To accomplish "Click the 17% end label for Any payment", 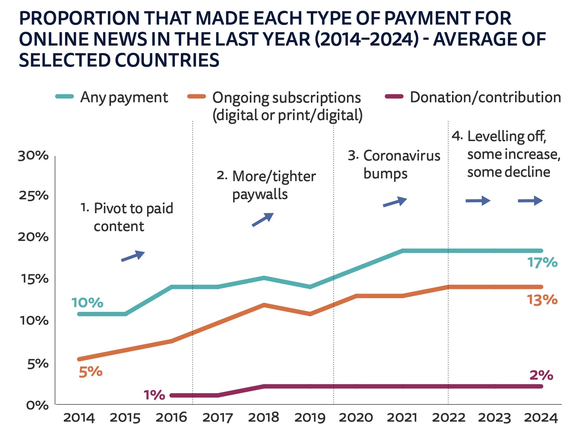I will pyautogui.click(x=542, y=263).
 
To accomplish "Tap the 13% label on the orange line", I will pyautogui.click(x=542, y=300).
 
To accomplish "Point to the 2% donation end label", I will pyautogui.click(x=541, y=375).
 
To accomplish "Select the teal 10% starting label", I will pyautogui.click(x=87, y=303).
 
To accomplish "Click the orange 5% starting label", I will pyautogui.click(x=90, y=372).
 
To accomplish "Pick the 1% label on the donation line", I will pyautogui.click(x=154, y=395).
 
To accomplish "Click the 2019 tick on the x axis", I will pyautogui.click(x=310, y=417).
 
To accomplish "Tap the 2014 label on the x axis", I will pyautogui.click(x=79, y=417).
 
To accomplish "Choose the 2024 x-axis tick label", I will pyautogui.click(x=541, y=417).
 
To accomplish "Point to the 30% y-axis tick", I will pyautogui.click(x=33, y=156).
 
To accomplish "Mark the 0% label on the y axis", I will pyautogui.click(x=37, y=405).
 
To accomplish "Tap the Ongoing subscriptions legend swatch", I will pyautogui.click(x=196, y=97).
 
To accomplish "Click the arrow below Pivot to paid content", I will pyautogui.click(x=133, y=256).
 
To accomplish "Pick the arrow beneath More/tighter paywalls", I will pyautogui.click(x=262, y=220).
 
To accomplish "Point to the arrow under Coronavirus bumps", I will pyautogui.click(x=394, y=202).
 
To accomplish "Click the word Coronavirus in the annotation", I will pyautogui.click(x=402, y=156).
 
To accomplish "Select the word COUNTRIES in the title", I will pyautogui.click(x=167, y=60).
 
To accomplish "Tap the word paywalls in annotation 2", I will pyautogui.click(x=260, y=194).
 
